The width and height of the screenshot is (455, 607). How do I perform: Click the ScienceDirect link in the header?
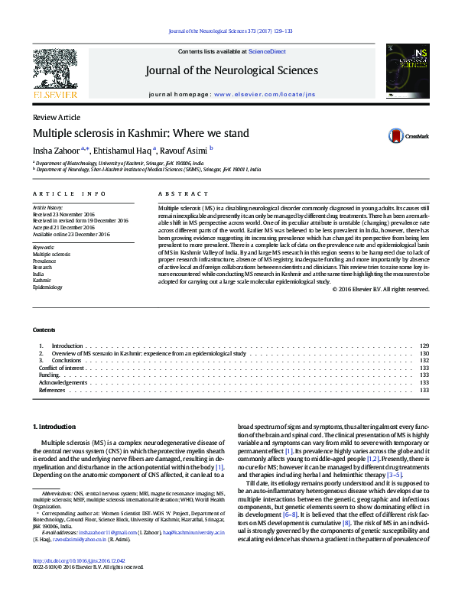click(x=268, y=51)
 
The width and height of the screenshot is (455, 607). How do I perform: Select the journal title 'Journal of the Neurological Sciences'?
click(x=232, y=70)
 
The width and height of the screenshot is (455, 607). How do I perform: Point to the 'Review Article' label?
click(x=56, y=117)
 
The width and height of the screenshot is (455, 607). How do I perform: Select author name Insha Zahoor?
click(x=57, y=150)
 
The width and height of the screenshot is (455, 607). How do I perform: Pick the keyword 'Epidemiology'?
click(x=47, y=287)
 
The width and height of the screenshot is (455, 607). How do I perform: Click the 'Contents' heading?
click(x=44, y=329)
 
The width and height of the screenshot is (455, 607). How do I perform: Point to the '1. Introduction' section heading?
click(x=55, y=426)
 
